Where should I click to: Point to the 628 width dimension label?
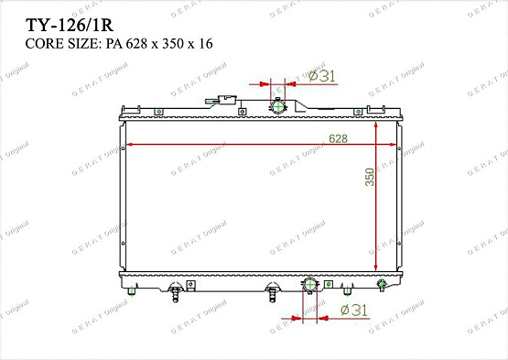(339, 138)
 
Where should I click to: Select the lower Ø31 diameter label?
(352, 311)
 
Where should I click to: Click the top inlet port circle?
(277, 106)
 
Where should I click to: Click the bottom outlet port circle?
(309, 286)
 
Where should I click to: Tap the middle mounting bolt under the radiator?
(273, 292)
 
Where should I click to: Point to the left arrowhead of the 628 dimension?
(129, 145)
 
